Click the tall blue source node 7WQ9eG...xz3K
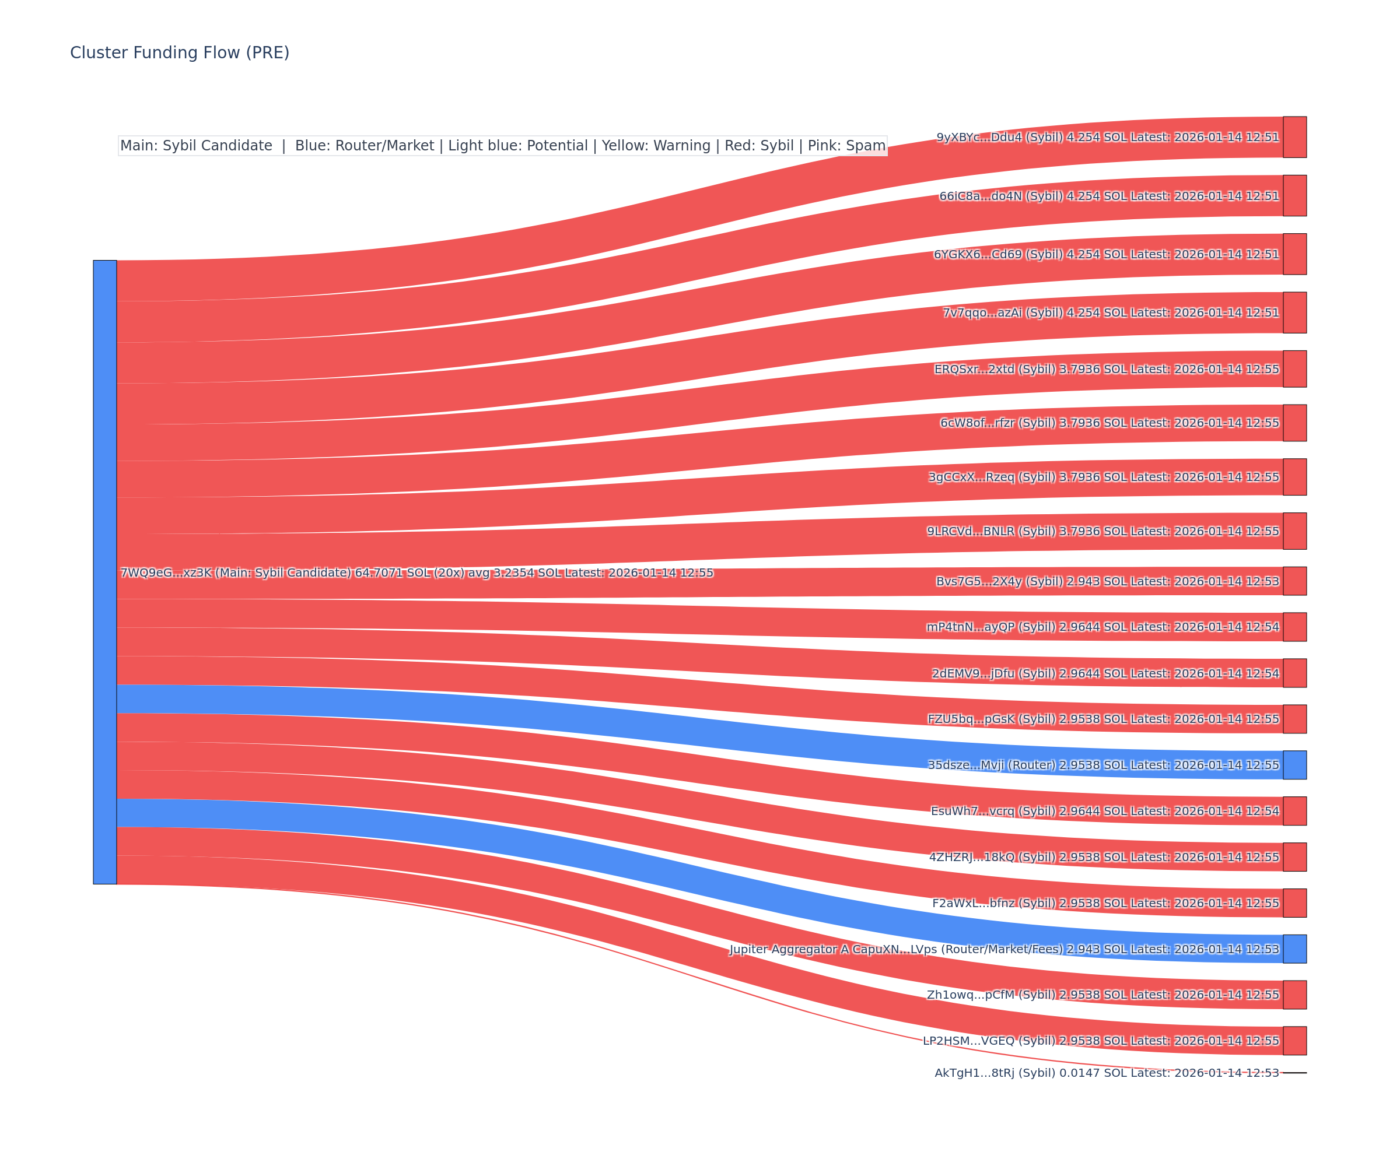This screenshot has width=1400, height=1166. coord(104,572)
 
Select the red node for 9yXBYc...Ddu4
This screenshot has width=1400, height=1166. coord(1294,137)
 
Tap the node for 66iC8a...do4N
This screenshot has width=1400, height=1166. coord(1294,196)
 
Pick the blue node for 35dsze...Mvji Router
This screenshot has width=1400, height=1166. coord(1294,765)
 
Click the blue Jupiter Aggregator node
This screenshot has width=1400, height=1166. coord(1294,949)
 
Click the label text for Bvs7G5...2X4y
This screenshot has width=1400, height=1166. coord(1107,581)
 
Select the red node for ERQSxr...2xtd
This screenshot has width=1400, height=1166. coord(1294,369)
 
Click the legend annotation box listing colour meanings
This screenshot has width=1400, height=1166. coord(503,145)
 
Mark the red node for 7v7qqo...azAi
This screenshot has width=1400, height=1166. coord(1294,312)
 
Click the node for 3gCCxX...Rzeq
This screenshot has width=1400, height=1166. coord(1294,477)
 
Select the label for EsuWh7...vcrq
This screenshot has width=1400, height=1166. coord(1105,811)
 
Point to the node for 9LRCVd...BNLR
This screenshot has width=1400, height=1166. coord(1294,531)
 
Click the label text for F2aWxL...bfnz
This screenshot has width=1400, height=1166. coord(1105,903)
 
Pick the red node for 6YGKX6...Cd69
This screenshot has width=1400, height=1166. coord(1294,254)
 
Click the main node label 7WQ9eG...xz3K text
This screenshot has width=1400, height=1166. coord(416,573)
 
